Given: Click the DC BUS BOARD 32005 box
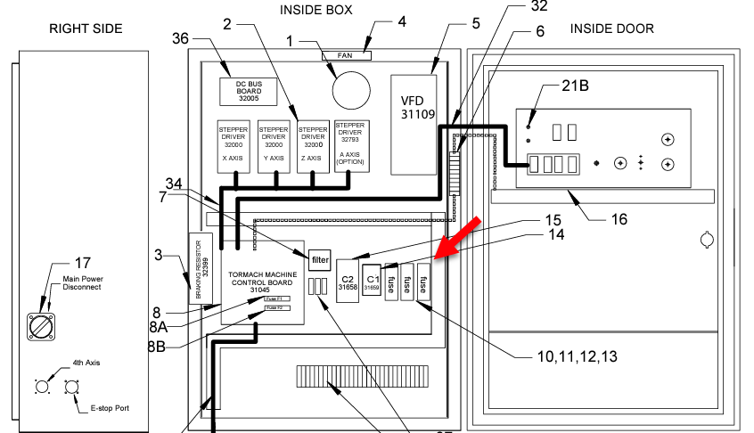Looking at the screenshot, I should [x=249, y=91].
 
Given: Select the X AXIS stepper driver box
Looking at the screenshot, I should [x=234, y=146].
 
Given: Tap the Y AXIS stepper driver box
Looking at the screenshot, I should [x=274, y=146].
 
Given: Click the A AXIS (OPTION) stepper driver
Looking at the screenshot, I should [x=350, y=146].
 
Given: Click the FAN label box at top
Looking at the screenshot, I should [x=345, y=55].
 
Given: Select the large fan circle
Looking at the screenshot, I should [x=351, y=88].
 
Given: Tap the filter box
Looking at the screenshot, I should [x=320, y=260].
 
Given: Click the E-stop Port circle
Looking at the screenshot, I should [x=70, y=388].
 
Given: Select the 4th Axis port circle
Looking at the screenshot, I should [x=41, y=387].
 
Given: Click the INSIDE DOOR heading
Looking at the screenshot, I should [x=611, y=29].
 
